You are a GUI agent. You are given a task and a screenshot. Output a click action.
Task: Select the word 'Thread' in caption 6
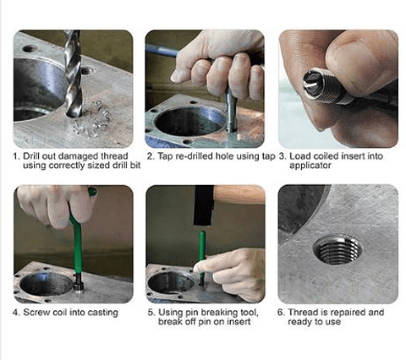point(305,312)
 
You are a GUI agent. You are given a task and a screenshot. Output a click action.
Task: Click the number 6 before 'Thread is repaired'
point(282,312)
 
